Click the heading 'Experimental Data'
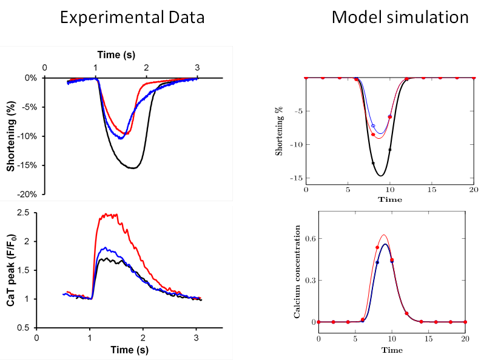[132, 18]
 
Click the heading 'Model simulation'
[400, 18]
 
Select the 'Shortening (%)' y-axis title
[10, 137]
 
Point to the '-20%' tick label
[27, 195]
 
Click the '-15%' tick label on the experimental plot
[27, 165]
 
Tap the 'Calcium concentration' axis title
[298, 272]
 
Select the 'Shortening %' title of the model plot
[280, 129]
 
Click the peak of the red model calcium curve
[384, 235]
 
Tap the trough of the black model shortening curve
[381, 176]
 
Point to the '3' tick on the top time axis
[197, 66]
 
